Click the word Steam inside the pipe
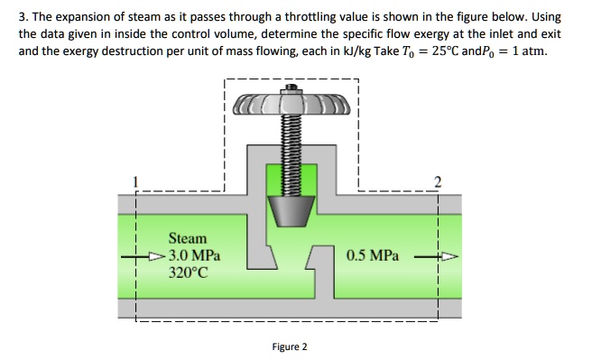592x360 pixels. (188, 238)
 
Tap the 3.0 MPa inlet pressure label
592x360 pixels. (193, 254)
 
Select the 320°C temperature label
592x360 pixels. (188, 271)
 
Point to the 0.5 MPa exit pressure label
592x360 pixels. (371, 255)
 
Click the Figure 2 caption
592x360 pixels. (289, 346)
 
